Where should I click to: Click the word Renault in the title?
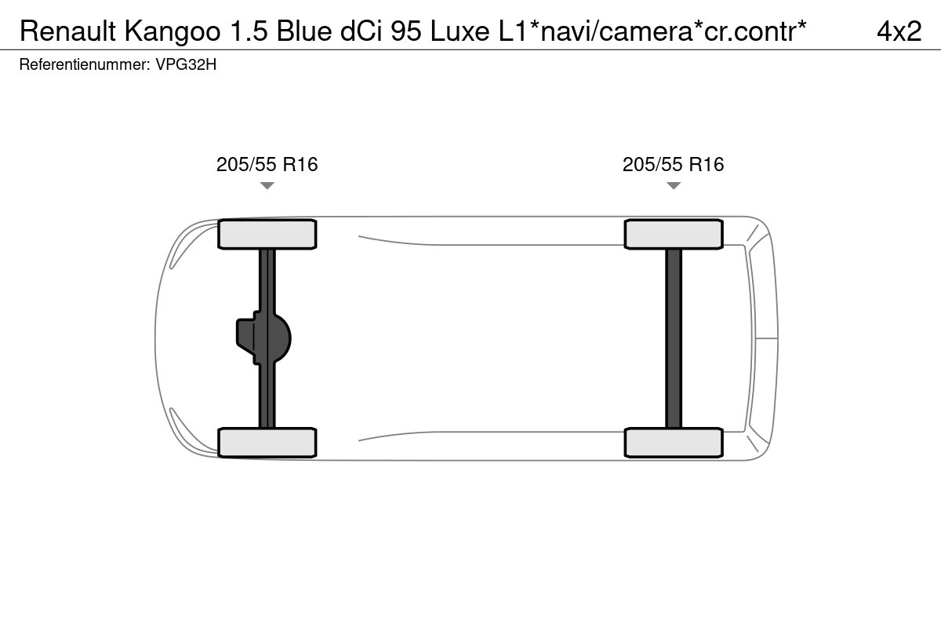67,31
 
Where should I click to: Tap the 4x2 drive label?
899,31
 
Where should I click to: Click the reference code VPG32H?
186,64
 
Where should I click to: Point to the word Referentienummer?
85,64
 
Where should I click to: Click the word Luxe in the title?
460,31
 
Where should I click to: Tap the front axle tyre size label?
267,165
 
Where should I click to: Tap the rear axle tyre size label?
674,165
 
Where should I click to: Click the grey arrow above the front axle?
267,185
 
